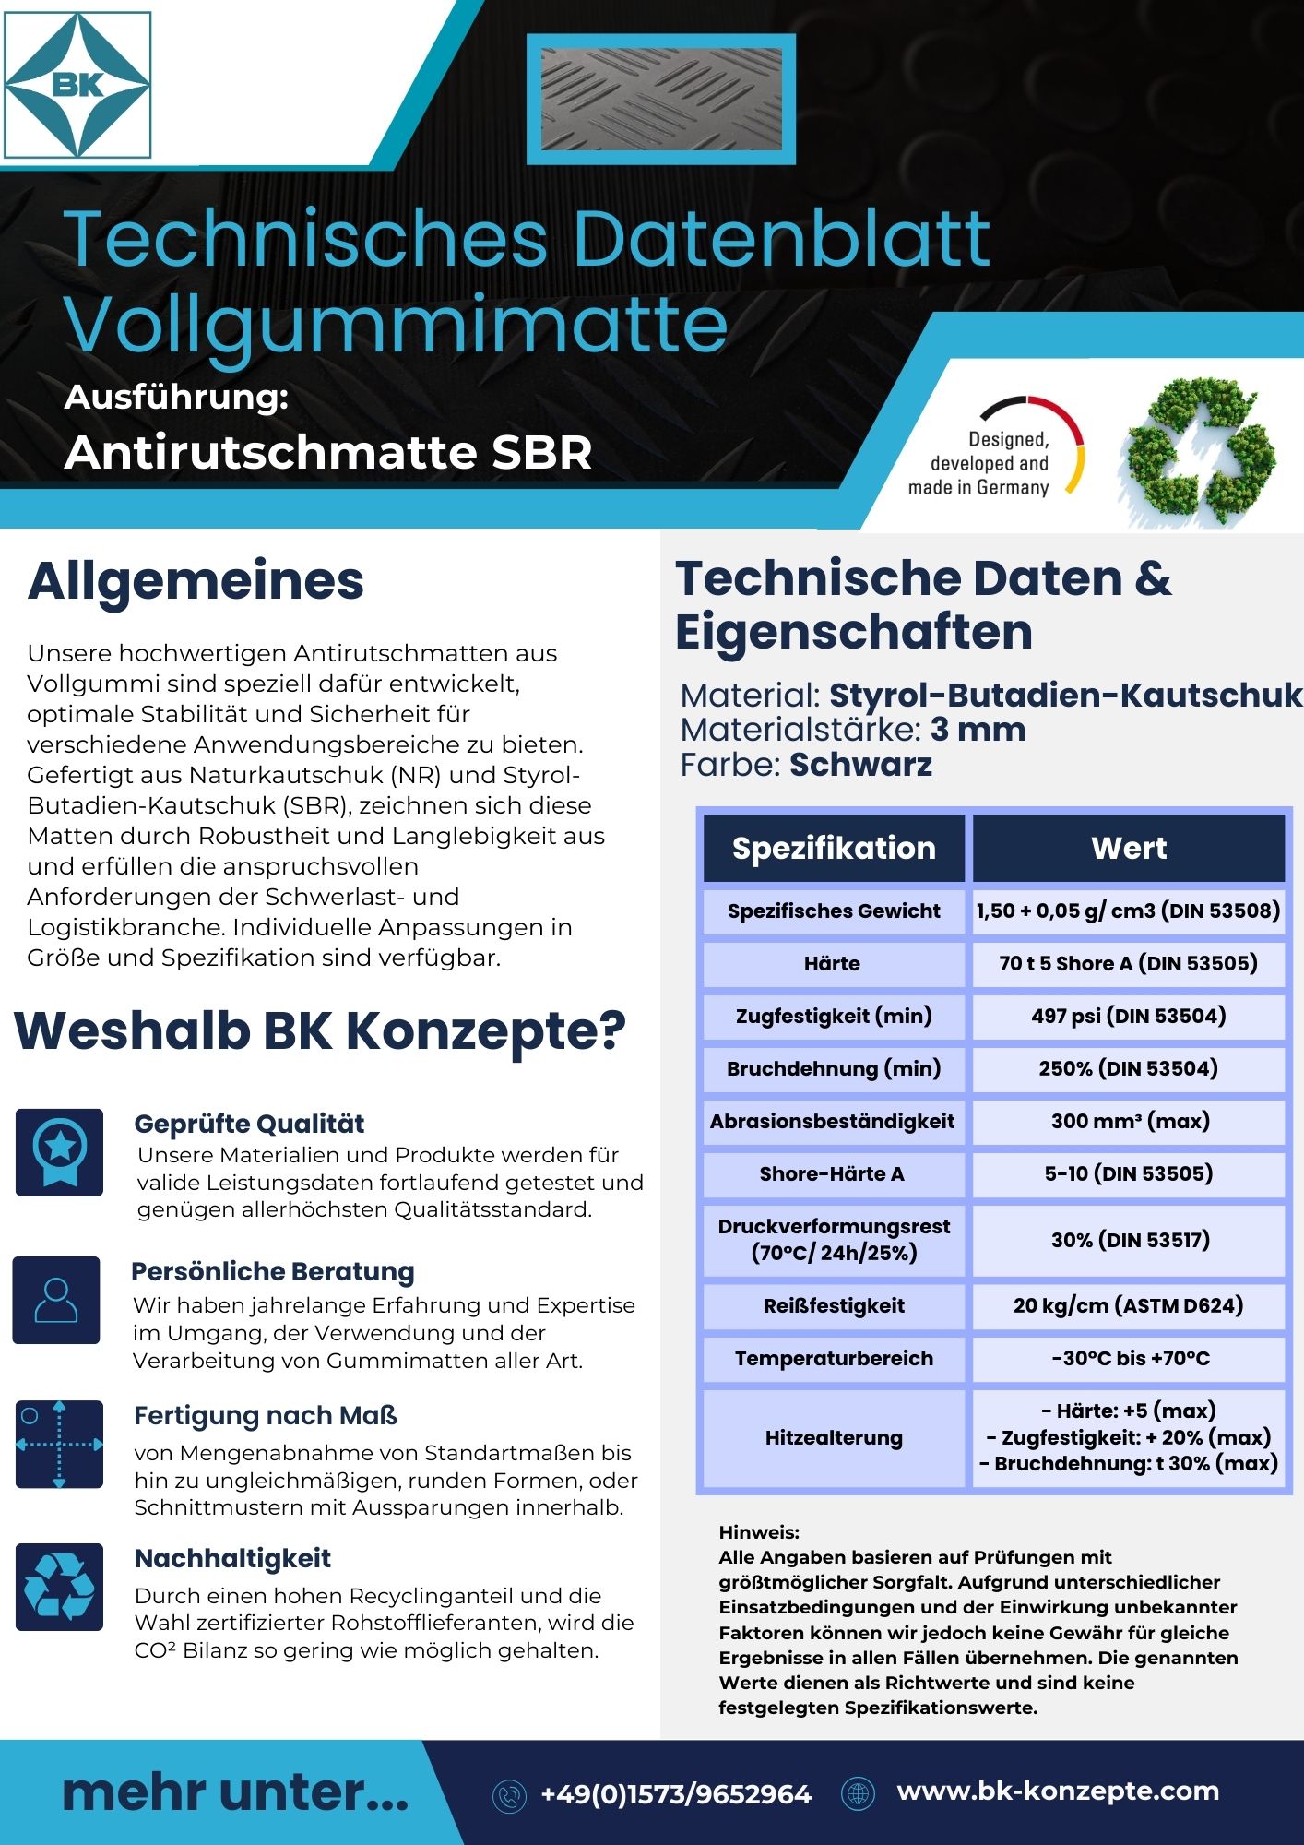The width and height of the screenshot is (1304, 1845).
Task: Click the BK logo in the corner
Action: click(77, 85)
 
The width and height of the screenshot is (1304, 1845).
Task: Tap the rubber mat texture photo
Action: click(660, 99)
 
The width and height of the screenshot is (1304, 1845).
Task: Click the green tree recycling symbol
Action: click(1197, 451)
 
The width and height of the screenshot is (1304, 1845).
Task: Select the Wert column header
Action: click(1129, 848)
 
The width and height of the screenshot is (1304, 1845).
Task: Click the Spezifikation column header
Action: click(834, 848)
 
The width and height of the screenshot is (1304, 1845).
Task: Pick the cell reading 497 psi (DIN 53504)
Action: click(1129, 1016)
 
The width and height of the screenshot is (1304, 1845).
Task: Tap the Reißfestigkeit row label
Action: click(834, 1305)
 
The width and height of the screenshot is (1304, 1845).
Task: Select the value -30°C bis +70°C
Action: click(1129, 1358)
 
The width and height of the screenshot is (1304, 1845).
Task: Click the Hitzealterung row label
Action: click(834, 1437)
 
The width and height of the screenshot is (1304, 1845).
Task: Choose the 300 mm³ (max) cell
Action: click(1129, 1121)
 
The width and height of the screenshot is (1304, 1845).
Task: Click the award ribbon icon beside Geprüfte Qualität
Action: click(59, 1152)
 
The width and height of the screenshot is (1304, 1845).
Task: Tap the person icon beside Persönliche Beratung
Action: click(56, 1300)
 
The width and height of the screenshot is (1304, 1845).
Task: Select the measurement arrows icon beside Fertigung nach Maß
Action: click(59, 1445)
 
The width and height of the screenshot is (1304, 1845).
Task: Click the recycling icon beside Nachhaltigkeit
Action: click(59, 1587)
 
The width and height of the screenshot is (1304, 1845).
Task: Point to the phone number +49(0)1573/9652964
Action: click(676, 1794)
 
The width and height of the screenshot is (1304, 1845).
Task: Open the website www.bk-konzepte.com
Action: click(1058, 1791)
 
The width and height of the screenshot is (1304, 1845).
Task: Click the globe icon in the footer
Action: click(858, 1793)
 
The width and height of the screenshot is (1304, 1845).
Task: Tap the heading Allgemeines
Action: click(196, 581)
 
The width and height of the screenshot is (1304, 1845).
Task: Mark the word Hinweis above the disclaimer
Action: click(758, 1532)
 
